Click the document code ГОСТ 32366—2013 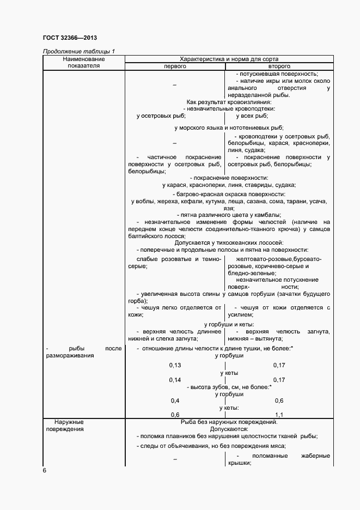tap(70, 38)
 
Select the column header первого tap(175, 65)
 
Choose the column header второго tap(279, 65)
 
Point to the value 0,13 tap(175, 365)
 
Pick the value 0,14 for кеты tap(175, 380)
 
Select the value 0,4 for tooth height tap(175, 400)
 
